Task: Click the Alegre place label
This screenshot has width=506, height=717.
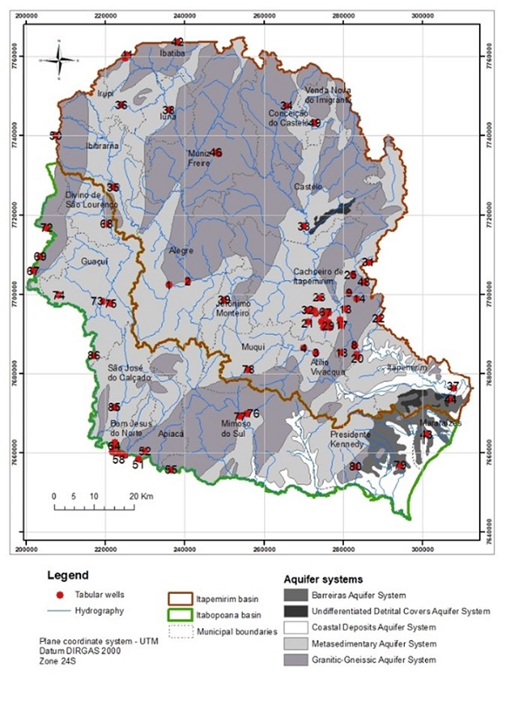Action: [180, 251]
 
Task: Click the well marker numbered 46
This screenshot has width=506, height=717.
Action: [217, 153]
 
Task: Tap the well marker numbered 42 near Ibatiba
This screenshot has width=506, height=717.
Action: [177, 42]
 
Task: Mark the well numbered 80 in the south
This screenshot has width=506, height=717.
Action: [356, 466]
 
